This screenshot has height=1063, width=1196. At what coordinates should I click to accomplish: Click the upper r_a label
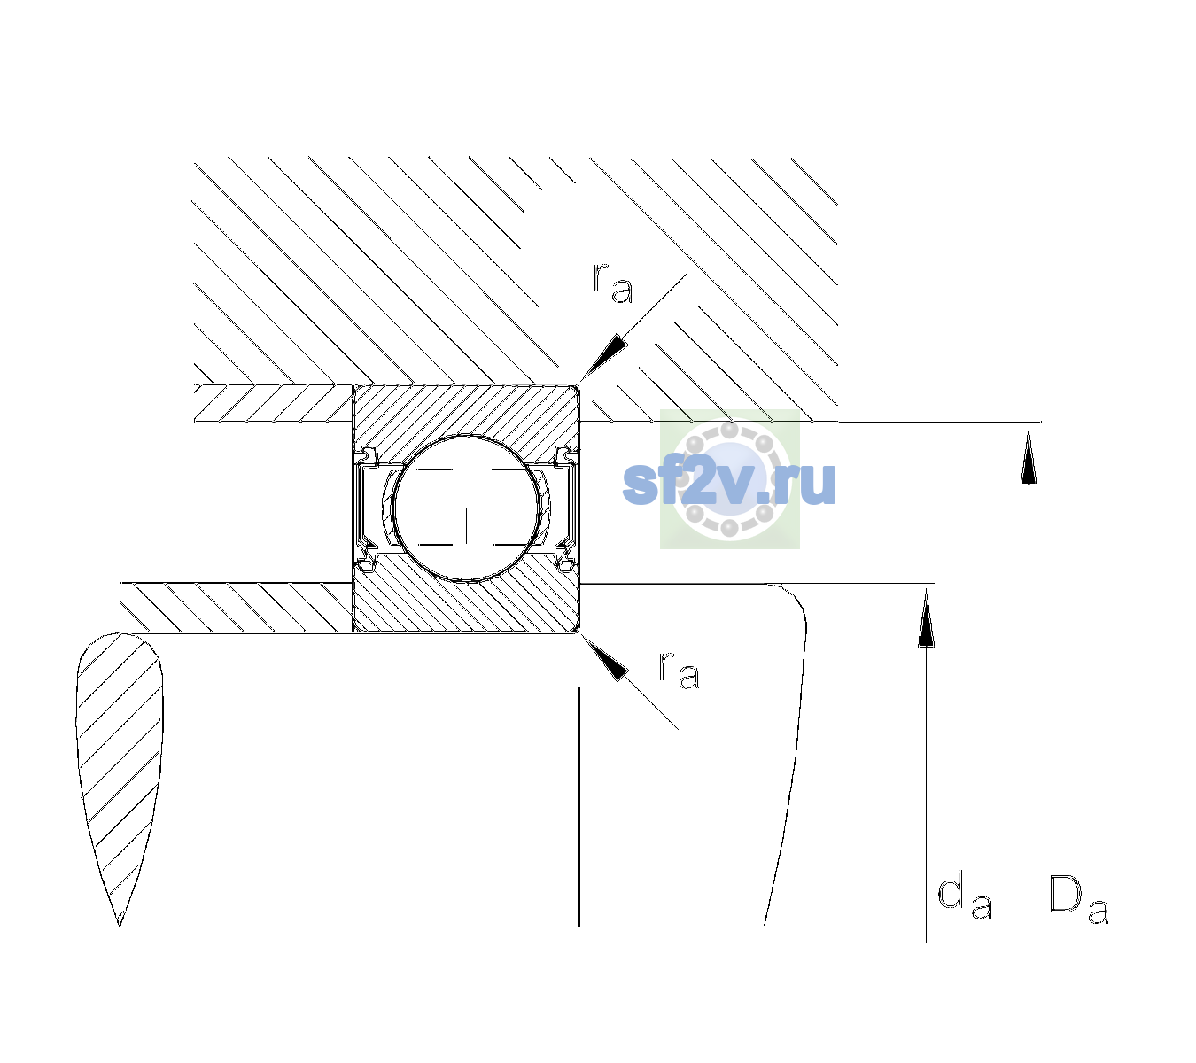coord(613,283)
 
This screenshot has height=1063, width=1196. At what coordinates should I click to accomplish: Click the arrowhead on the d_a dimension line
coord(926,617)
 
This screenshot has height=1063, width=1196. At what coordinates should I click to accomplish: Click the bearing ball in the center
coord(466,508)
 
